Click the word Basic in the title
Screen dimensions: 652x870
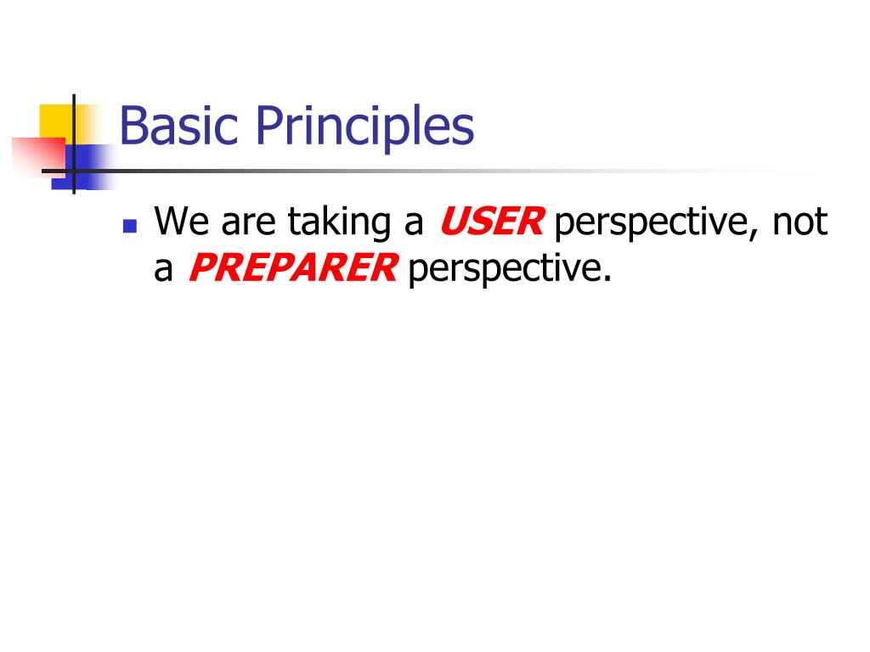(181, 126)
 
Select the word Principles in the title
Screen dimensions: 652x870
(364, 127)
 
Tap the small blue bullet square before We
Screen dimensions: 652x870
(129, 227)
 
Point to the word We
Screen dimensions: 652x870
(182, 222)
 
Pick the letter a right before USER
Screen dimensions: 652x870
(413, 225)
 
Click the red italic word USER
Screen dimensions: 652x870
(491, 222)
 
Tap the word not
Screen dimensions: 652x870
(799, 223)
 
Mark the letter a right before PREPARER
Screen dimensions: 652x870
(164, 271)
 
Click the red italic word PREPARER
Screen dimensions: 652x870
(291, 269)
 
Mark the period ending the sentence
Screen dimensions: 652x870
(607, 279)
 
